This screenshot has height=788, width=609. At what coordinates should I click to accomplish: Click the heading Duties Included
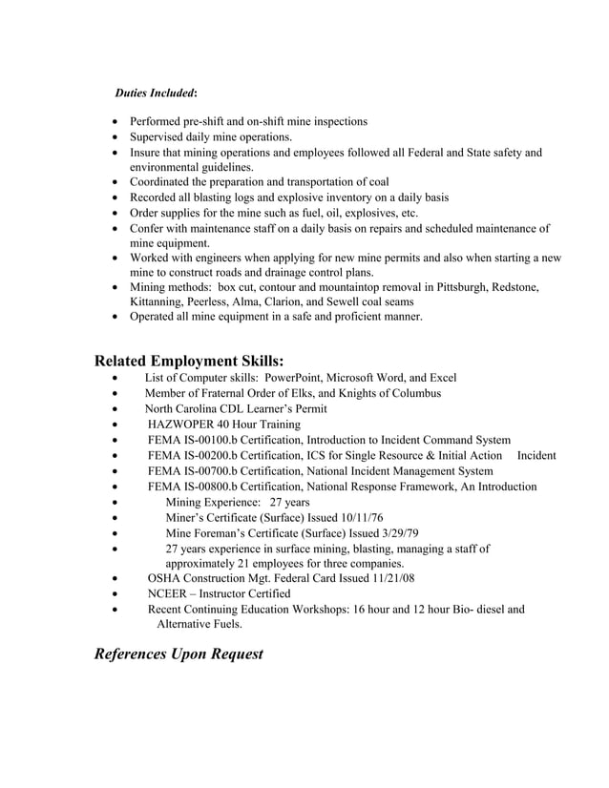156,93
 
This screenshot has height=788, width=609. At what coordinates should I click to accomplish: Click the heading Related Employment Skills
189,361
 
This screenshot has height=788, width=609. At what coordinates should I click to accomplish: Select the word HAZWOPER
183,424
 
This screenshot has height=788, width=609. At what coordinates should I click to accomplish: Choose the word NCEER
170,593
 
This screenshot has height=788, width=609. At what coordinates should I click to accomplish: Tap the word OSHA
164,578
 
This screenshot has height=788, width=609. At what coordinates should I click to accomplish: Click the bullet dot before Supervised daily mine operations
116,137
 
